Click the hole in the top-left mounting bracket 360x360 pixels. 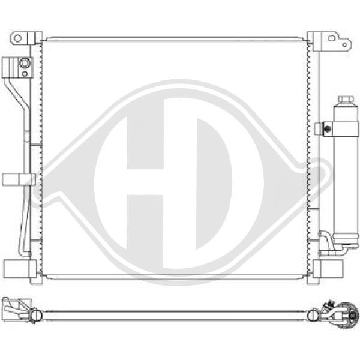(17, 38)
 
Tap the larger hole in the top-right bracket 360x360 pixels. (331, 38)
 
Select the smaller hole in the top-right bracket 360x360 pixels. (344, 45)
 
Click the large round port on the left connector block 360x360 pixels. (25, 63)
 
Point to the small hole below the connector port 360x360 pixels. (25, 74)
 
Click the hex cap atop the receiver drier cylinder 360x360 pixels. (346, 100)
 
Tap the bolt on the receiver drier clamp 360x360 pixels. (328, 129)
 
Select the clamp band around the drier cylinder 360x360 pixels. (341, 129)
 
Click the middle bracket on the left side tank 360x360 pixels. (19, 179)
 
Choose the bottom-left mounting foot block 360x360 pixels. (20, 269)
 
